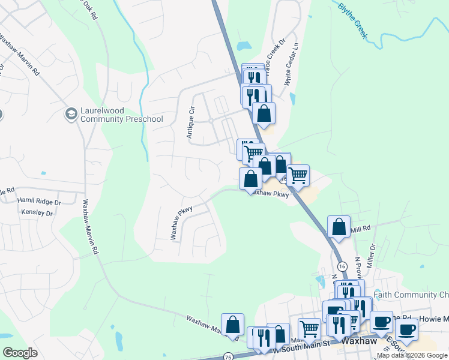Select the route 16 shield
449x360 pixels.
pyautogui.click(x=342, y=266)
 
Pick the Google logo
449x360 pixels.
pyautogui.click(x=20, y=353)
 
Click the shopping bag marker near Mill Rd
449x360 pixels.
pyautogui.click(x=339, y=227)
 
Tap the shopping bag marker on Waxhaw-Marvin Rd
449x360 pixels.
pyautogui.click(x=232, y=325)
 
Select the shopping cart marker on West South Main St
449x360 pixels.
pyautogui.click(x=309, y=328)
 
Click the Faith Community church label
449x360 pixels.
pyautogui.click(x=411, y=295)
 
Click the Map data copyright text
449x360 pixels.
pyautogui.click(x=412, y=355)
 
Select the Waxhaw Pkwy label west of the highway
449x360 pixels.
pyautogui.click(x=183, y=223)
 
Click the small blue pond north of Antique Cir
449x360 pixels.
pyautogui.click(x=244, y=46)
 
